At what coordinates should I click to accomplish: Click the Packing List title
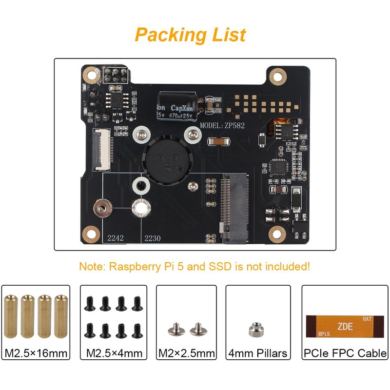190,35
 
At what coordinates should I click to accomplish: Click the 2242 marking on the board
115,238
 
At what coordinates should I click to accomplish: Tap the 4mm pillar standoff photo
253,331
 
